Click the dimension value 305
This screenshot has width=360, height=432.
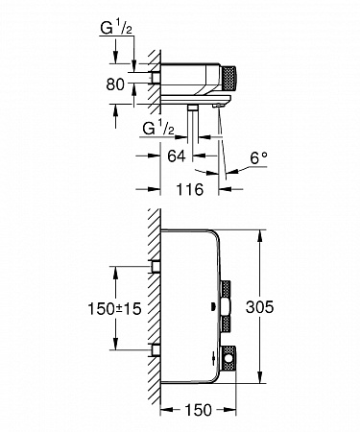(x=259, y=307)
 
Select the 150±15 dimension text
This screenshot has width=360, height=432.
(x=114, y=309)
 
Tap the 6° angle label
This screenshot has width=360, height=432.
(x=258, y=157)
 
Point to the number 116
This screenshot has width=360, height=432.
(x=190, y=189)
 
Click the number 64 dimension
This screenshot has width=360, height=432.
(x=177, y=156)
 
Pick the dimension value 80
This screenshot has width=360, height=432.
(x=115, y=84)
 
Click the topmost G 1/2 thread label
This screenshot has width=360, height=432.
(x=116, y=28)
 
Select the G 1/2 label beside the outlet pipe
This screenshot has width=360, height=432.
(x=158, y=129)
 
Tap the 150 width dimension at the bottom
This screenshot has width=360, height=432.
(x=199, y=410)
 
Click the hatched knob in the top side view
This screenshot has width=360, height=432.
(x=229, y=77)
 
